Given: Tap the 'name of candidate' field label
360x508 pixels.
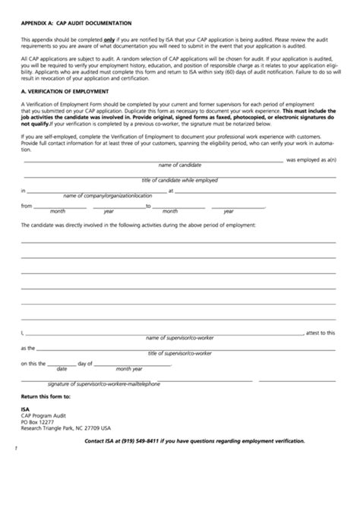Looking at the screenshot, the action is (179, 165).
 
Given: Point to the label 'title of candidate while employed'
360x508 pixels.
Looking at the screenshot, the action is (180, 180).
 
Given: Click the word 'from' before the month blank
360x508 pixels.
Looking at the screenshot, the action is (27, 206).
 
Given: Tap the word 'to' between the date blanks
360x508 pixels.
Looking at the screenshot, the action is (149, 206).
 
